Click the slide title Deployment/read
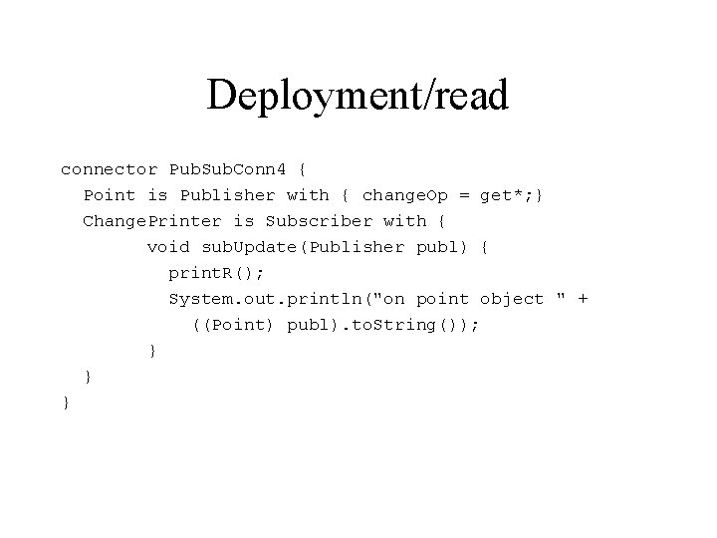(358, 96)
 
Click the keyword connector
(109, 169)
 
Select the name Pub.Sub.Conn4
(226, 169)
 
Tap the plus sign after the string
(583, 299)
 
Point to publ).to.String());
(383, 325)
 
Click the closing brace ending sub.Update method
(151, 351)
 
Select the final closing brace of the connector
(66, 403)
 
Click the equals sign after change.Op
(464, 195)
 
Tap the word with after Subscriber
(404, 221)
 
